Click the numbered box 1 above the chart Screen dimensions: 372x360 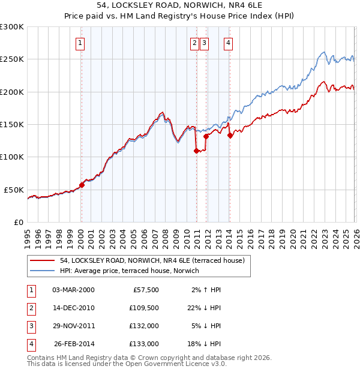tap(80, 43)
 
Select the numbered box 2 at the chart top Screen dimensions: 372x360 tap(195, 43)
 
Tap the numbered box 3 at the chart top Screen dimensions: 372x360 tap(205, 43)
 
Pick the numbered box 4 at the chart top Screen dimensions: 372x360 tap(229, 43)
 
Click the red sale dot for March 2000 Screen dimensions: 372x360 tap(82, 185)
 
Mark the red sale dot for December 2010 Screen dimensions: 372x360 tap(196, 151)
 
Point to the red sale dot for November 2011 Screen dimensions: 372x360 tap(206, 136)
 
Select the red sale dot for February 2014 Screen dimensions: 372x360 tap(230, 136)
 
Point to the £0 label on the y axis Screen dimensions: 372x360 tap(18, 222)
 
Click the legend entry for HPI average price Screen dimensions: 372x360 tap(132, 271)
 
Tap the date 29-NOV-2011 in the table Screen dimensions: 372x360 tap(73, 326)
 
